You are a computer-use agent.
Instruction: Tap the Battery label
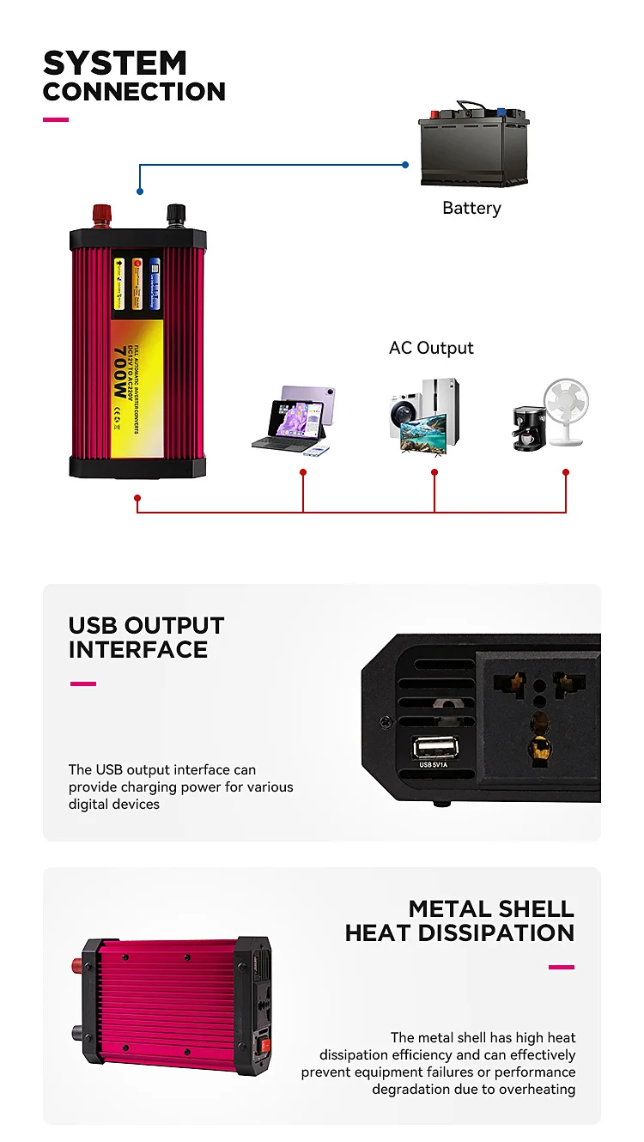pos(471,208)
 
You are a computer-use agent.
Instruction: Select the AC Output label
pos(431,348)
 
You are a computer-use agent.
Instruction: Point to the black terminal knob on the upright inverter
pos(176,212)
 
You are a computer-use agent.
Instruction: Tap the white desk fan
pos(568,412)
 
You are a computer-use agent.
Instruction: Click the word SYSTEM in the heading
pos(115,64)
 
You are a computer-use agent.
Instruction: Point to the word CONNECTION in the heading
pos(134,92)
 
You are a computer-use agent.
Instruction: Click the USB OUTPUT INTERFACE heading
pos(146,637)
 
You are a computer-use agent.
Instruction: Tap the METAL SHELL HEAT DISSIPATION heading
pos(460,920)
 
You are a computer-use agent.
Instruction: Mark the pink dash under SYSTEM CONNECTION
pos(56,119)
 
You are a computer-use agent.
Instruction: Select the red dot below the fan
pos(566,472)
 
